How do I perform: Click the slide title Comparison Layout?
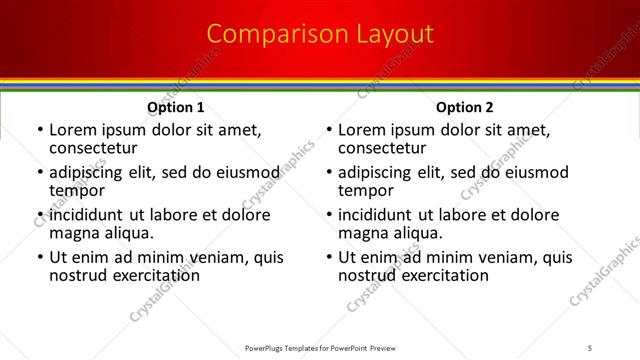320,34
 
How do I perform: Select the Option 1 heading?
176,107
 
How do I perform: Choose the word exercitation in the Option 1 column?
147,275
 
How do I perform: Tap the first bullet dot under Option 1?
40,131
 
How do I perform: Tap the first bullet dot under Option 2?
329,131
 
